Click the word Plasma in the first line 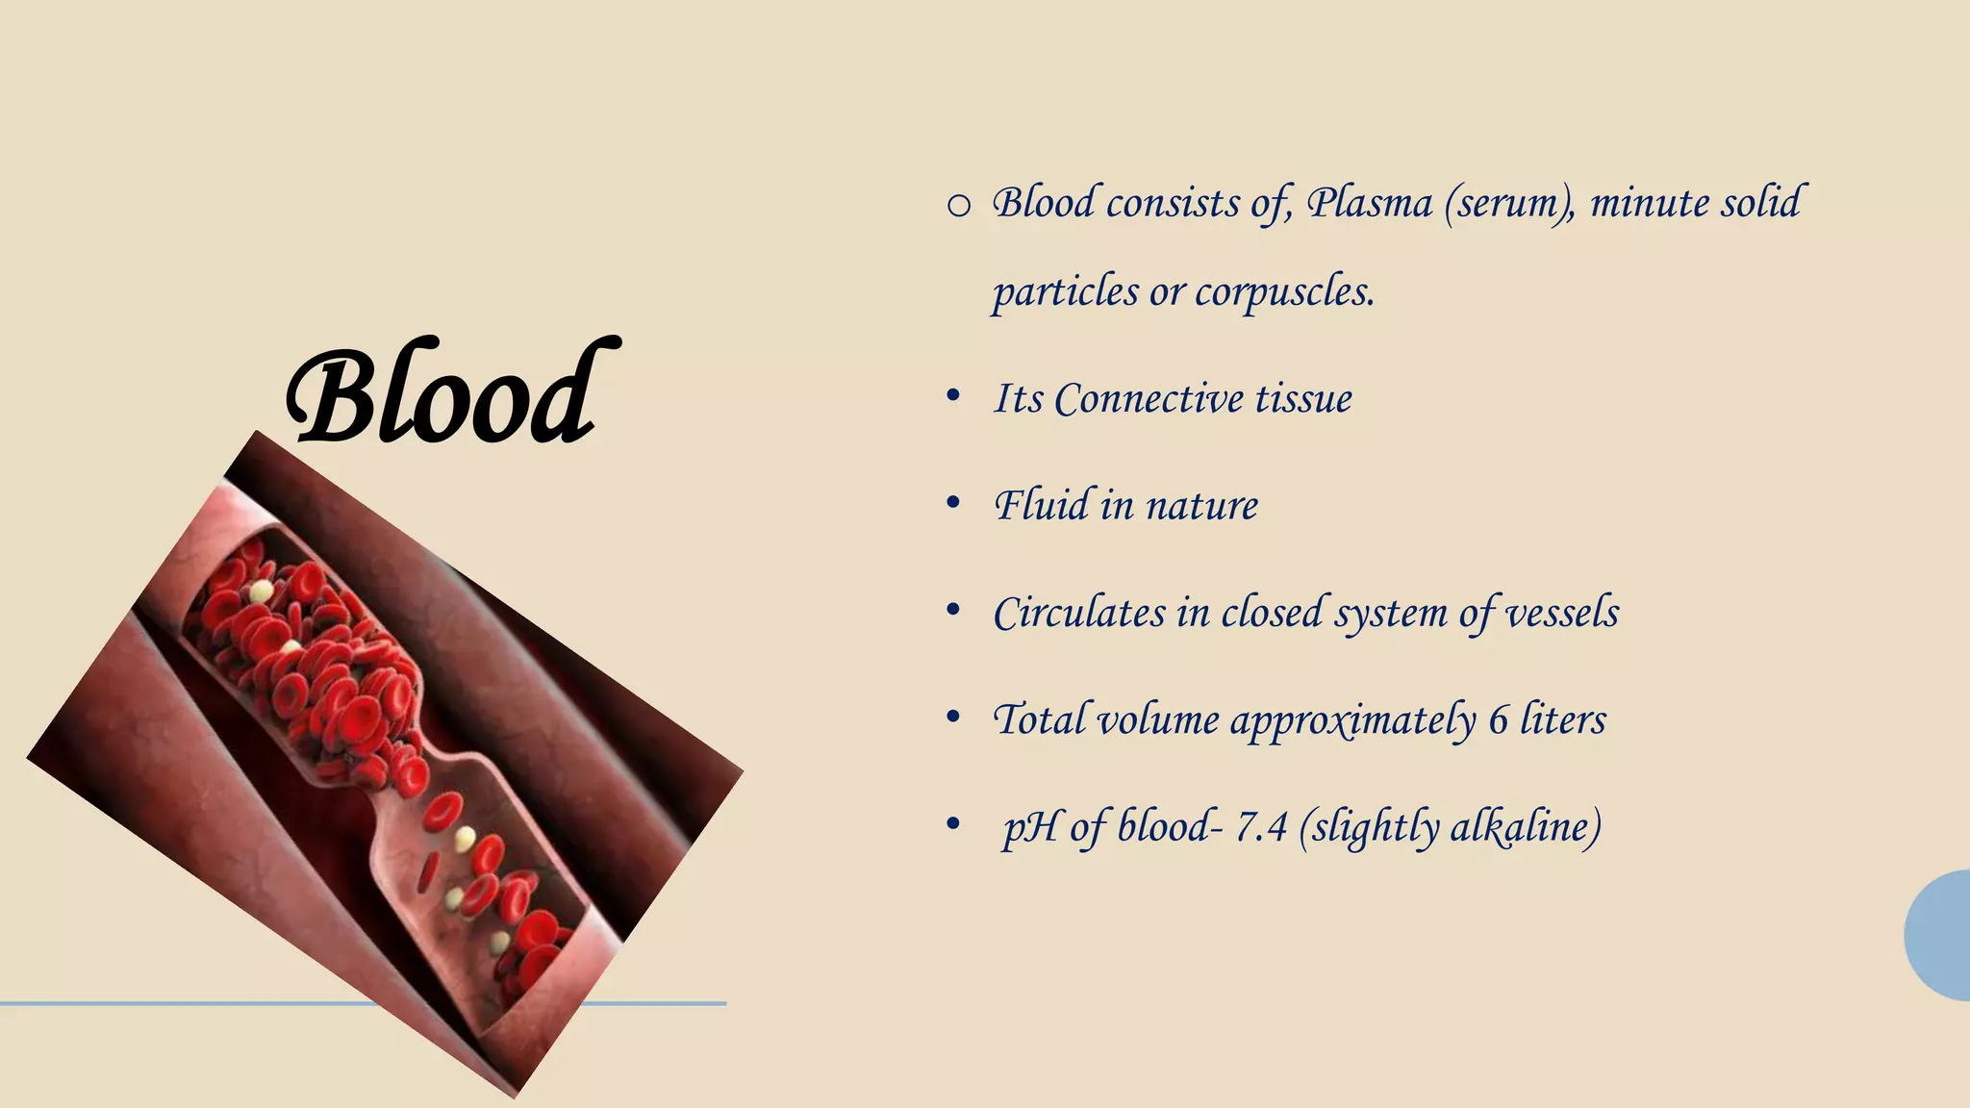point(1370,204)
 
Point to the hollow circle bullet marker point(958,206)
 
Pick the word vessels point(1562,614)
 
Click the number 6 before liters point(1499,720)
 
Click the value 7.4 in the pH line point(1261,827)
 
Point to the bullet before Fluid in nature point(953,503)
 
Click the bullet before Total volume point(953,718)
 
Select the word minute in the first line point(1646,204)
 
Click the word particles point(1066,292)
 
